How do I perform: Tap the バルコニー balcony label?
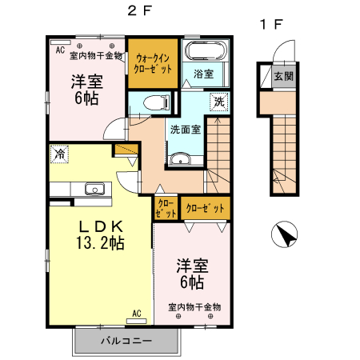coord(125,341)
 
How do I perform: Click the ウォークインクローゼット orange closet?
coord(153,63)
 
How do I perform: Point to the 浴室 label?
coord(204,74)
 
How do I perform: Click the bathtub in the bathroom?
coord(207,52)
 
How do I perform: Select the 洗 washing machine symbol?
coord(219,102)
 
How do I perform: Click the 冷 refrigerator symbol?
coord(58,152)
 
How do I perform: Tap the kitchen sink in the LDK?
coord(94,189)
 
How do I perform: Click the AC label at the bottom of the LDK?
coord(136,313)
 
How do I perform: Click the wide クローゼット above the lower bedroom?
coord(205,208)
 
